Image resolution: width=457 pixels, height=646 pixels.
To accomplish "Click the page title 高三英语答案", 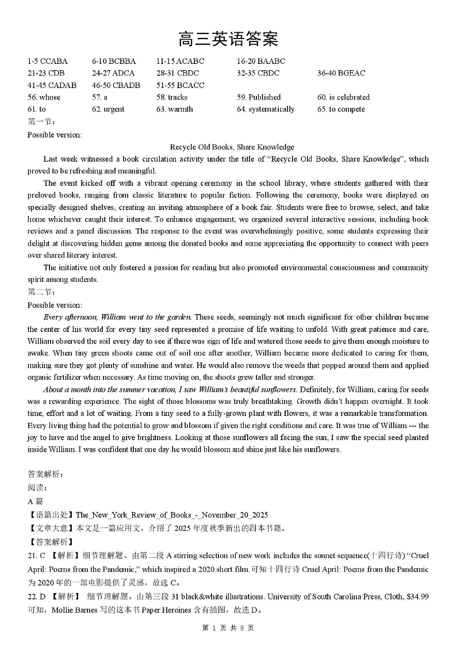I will point(228,39).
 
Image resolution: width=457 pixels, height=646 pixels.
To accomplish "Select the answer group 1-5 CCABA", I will point(47,61).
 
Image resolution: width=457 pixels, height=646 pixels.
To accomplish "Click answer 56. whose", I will point(44,97).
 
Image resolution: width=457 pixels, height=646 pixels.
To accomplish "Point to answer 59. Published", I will point(259,97).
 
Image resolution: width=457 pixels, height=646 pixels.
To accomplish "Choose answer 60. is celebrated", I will point(343,97).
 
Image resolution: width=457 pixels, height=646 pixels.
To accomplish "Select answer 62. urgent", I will point(108,109).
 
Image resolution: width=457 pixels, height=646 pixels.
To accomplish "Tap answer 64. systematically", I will point(266,109).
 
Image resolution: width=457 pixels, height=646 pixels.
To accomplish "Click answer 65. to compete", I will point(341,109).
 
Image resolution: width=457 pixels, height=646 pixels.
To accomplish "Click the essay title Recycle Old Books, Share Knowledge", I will point(232,147).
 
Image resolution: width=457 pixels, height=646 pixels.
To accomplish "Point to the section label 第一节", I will point(39,121).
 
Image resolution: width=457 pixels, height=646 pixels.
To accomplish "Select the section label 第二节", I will point(39,292).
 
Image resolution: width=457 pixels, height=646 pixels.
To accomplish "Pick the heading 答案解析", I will point(45,474).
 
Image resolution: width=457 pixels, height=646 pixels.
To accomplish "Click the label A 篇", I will point(35,501).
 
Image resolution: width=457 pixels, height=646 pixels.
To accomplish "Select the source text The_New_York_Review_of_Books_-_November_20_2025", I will point(171,515).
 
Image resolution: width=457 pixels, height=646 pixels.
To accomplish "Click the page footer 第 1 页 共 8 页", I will point(228,628).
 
